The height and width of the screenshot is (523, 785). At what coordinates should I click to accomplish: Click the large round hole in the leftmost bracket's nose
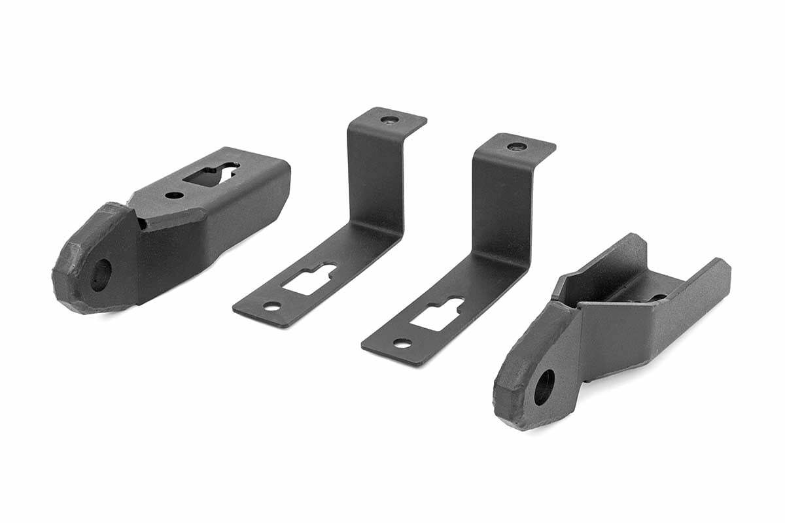100,275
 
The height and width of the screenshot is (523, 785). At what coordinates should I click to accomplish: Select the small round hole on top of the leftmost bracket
173,195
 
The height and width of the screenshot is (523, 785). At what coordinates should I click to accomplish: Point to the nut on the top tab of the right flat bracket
517,146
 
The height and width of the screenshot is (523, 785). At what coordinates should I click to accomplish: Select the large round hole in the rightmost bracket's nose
544,387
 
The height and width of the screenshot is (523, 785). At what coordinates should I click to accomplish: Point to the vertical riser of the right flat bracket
500,209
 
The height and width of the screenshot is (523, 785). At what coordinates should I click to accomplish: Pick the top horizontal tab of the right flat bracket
523,148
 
